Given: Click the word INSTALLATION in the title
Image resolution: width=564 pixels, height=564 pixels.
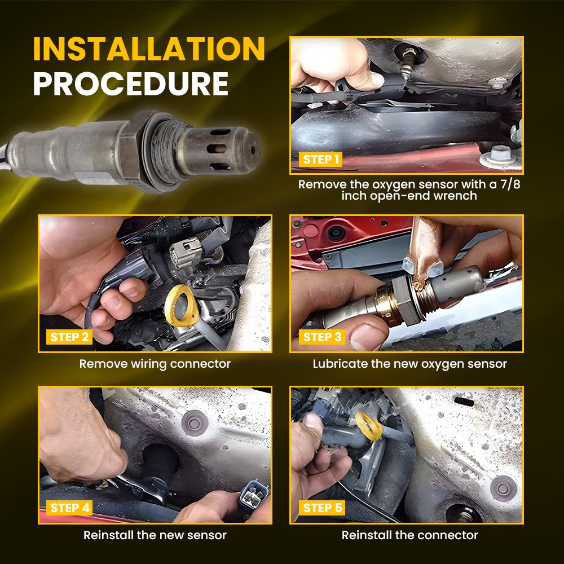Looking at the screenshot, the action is coord(149,49).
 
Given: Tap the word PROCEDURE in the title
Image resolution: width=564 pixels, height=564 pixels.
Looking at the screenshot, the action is coord(131,84).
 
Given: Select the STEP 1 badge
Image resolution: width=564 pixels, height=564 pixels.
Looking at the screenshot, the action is coord(321,160).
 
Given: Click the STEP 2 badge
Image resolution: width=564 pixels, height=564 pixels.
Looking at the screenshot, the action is coord(69,337).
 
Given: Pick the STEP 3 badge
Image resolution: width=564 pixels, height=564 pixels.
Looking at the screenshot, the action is coord(322,337).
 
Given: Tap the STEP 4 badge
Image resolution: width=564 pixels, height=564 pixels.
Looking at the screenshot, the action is coord(69,508).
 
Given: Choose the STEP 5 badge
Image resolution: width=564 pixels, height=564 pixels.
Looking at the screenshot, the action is coord(322,508).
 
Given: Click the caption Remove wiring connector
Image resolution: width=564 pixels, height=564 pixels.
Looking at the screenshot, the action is coord(155,364).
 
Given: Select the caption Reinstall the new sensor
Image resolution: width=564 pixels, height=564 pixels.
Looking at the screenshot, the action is coord(155,535).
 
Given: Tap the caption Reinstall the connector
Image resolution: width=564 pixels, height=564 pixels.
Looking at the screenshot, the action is coord(409,535).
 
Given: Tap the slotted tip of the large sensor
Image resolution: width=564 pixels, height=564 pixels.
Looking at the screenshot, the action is coord(220,149).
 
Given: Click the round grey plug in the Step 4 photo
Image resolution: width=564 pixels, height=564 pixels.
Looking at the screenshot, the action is coord(195,423).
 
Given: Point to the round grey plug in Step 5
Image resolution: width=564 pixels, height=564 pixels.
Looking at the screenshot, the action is coord(504,488).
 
